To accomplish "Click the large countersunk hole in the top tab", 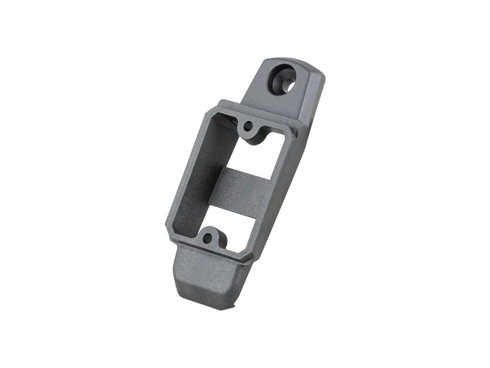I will click(x=284, y=79).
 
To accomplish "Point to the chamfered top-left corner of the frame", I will click(x=209, y=112).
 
